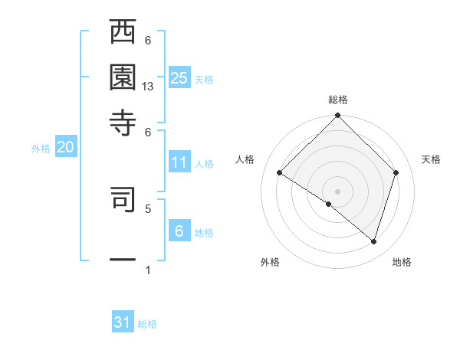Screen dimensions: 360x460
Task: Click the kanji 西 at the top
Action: pyautogui.click(x=123, y=33)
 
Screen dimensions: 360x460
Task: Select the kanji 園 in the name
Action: pyautogui.click(x=123, y=77)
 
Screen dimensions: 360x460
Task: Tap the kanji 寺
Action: pyautogui.click(x=123, y=122)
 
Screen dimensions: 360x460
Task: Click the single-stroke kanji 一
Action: pyautogui.click(x=123, y=260)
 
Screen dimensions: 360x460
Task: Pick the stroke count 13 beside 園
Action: pyautogui.click(x=148, y=87)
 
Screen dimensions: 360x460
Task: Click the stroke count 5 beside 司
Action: pyautogui.click(x=148, y=208)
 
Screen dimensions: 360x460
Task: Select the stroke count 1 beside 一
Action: pyautogui.click(x=148, y=270)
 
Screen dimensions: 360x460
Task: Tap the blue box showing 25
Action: pyautogui.click(x=179, y=77)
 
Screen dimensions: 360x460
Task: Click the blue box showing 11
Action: pyautogui.click(x=179, y=162)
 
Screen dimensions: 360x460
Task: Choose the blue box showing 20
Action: pyautogui.click(x=65, y=147)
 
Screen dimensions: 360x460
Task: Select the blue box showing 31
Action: pyautogui.click(x=123, y=322)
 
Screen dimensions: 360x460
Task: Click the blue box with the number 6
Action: pyautogui.click(x=179, y=231)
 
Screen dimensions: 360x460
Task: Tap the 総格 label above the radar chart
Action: pyautogui.click(x=337, y=100)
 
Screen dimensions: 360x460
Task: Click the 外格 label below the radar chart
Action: pyautogui.click(x=270, y=263)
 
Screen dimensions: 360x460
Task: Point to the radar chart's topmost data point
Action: pyautogui.click(x=337, y=117)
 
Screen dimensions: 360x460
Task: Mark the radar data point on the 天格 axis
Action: pyautogui.click(x=396, y=172)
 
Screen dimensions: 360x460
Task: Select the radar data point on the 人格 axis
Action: pyautogui.click(x=280, y=173)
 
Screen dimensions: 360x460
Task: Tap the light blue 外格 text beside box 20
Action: pyautogui.click(x=40, y=149)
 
